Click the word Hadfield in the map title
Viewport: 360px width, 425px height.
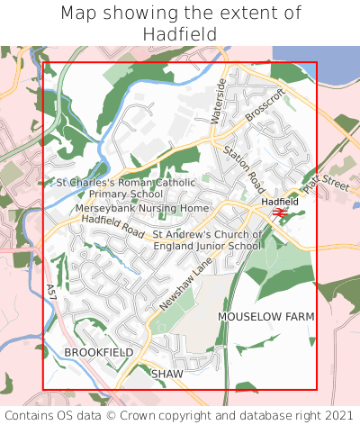pos(180,34)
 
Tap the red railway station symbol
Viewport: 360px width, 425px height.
pos(280,212)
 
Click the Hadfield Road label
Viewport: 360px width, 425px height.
pos(112,225)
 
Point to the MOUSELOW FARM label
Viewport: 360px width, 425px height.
pos(266,317)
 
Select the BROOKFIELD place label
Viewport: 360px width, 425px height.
pos(99,352)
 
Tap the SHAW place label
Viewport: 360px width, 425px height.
pos(166,373)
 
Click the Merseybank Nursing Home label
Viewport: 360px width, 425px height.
pos(141,208)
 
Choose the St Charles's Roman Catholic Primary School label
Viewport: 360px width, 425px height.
pos(126,187)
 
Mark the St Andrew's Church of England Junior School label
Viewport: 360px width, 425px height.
pos(207,240)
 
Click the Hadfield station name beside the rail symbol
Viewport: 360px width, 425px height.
pos(280,202)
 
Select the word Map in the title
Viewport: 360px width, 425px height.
pos(79,14)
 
